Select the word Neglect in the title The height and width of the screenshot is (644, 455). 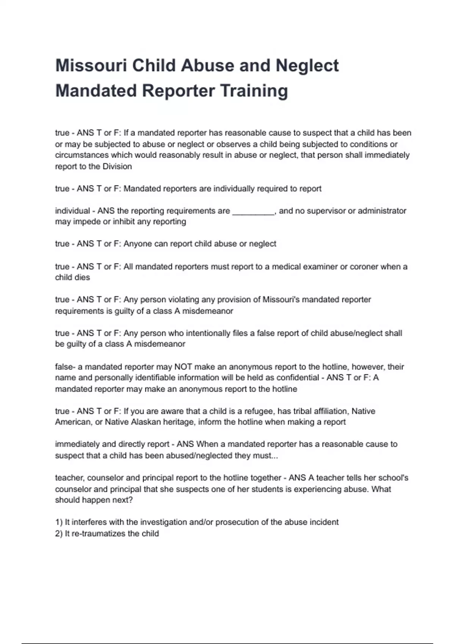point(307,66)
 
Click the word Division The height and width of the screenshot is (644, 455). point(117,167)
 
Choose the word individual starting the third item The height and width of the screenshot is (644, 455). point(72,211)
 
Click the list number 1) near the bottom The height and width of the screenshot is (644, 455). point(59,522)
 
